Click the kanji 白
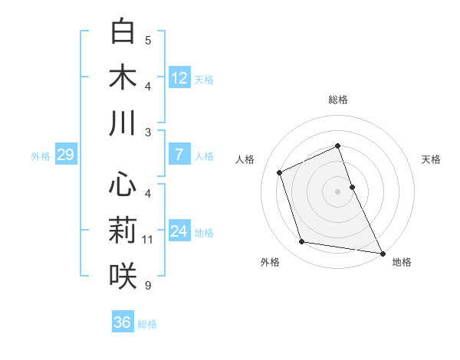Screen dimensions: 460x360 [123, 32]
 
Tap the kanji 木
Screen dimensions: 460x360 [123, 77]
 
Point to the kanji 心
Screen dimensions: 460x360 [123, 185]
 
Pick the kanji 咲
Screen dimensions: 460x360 [123, 276]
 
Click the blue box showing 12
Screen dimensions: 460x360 [179, 77]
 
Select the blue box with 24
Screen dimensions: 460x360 [179, 231]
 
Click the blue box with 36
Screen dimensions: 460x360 [122, 322]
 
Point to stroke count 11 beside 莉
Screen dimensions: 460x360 [148, 240]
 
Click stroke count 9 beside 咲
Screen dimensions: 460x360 [148, 286]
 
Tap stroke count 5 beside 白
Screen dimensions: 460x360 [148, 41]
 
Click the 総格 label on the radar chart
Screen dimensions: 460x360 [338, 100]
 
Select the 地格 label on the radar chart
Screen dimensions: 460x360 [402, 262]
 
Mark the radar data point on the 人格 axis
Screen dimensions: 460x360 [280, 172]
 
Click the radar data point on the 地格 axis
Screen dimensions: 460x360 [382, 253]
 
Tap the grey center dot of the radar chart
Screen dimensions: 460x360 [338, 191]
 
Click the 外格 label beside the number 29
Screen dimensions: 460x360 [41, 156]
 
